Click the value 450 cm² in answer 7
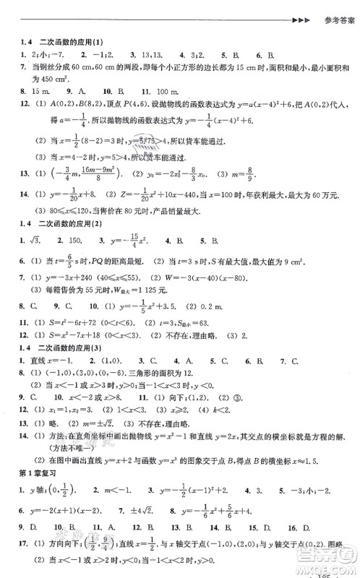click(49, 79)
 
